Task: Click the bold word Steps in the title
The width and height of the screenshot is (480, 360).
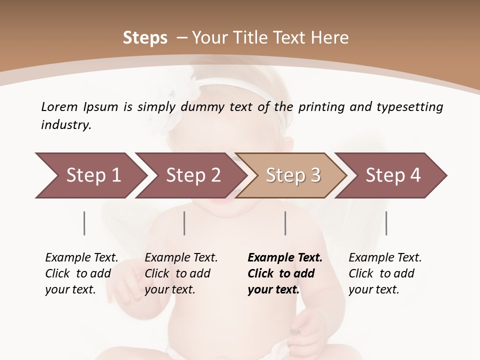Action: click(145, 38)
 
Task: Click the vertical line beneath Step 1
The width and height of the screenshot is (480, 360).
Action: click(84, 223)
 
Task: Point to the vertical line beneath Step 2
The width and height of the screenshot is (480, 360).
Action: click(184, 223)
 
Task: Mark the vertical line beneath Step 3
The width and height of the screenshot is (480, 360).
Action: click(285, 223)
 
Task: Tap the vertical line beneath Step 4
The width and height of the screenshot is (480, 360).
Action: click(386, 223)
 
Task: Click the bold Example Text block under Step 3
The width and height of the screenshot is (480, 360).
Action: click(285, 273)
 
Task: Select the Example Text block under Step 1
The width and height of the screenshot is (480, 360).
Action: click(81, 273)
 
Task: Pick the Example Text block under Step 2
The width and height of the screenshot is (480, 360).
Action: click(181, 273)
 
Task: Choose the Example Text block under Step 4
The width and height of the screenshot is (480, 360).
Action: click(385, 273)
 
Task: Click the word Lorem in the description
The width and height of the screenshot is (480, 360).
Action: click(59, 106)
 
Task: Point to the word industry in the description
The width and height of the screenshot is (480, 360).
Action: click(66, 125)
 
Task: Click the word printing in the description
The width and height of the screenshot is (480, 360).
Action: click(320, 107)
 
